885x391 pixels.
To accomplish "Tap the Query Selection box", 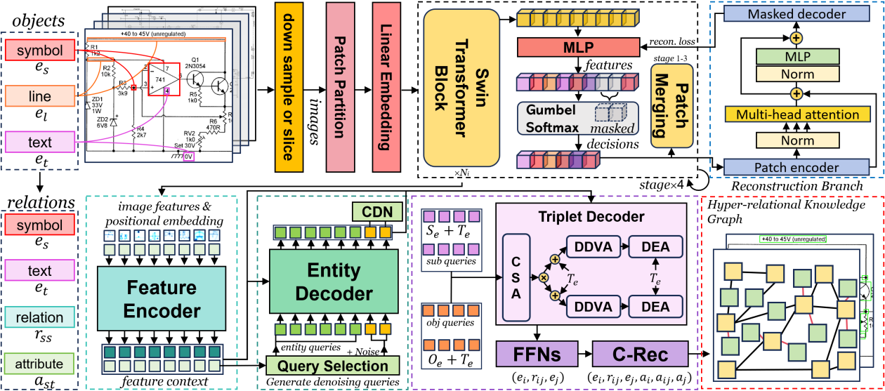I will click(x=332, y=365).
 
